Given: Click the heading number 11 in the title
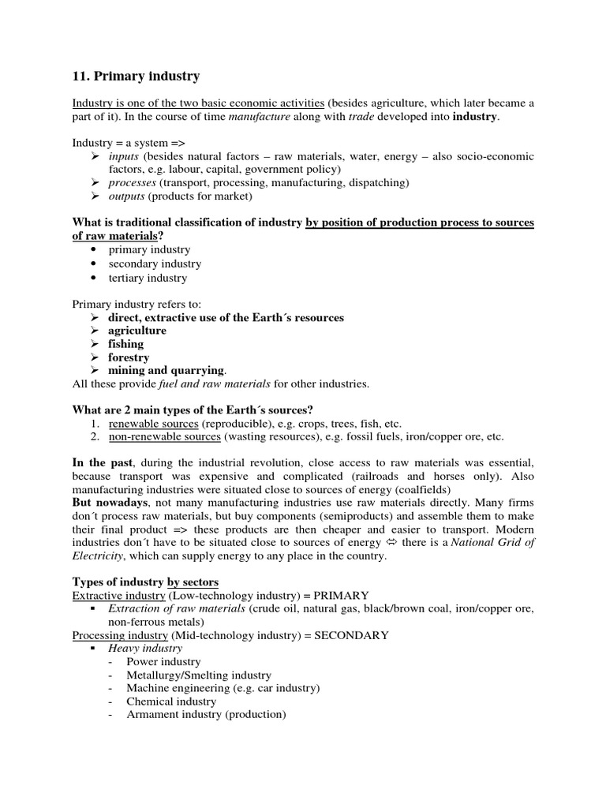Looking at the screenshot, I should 80,77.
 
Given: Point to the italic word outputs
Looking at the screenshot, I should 126,196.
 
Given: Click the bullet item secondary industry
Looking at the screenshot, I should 155,264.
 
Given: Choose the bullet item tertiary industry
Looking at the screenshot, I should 148,278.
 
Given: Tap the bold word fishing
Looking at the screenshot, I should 126,344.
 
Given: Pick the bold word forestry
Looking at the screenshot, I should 129,357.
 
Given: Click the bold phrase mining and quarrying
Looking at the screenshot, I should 166,370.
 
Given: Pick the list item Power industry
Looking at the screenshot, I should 163,662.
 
